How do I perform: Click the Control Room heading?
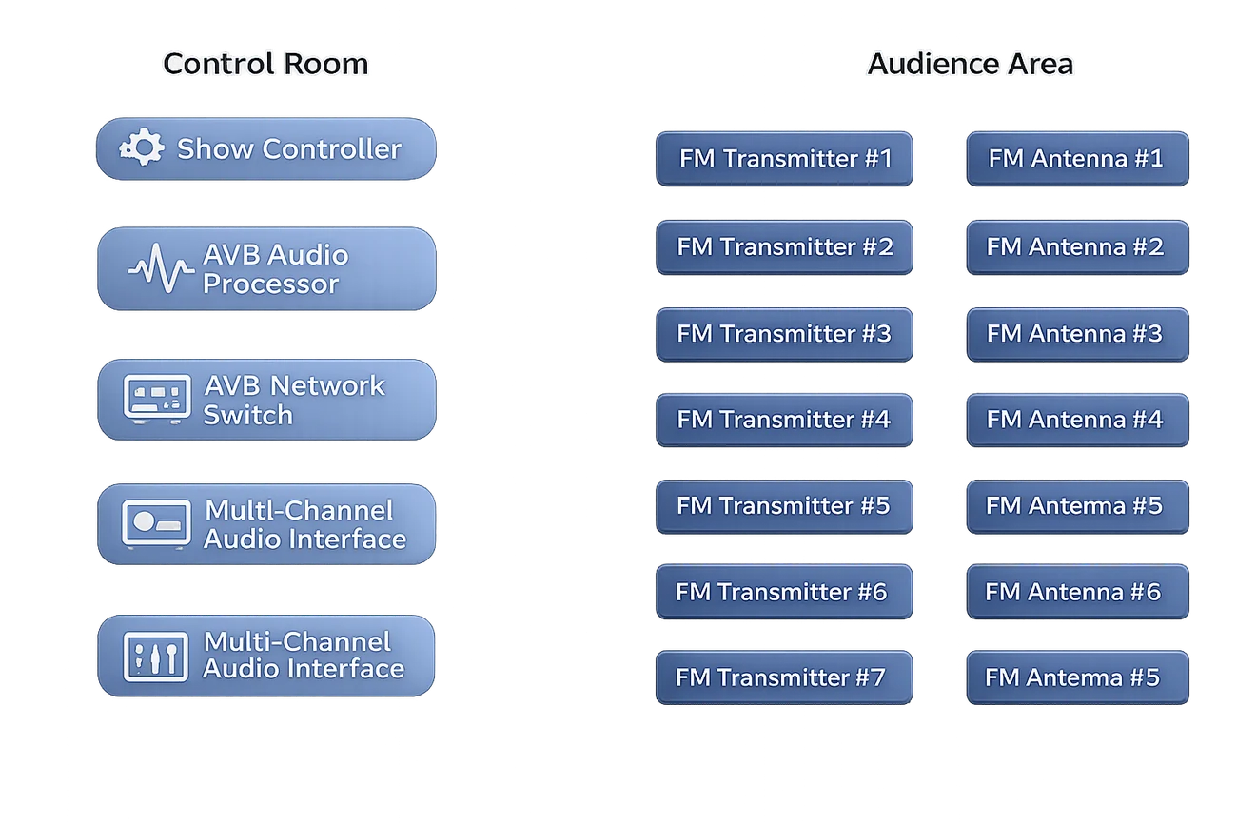[265, 64]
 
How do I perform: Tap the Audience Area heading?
[971, 64]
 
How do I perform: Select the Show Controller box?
[266, 148]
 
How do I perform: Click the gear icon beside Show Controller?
[142, 147]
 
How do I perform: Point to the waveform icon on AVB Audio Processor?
[161, 268]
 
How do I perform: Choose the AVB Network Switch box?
[266, 400]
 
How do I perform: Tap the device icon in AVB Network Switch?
[157, 399]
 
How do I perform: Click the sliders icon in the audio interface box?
[156, 657]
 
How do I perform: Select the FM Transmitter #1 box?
[784, 159]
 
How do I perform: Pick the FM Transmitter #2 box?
[784, 247]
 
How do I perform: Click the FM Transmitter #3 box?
[784, 335]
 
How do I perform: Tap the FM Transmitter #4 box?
[784, 421]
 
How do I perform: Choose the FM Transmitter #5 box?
[784, 507]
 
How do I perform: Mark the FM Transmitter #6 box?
[784, 592]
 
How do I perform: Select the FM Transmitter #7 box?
[784, 677]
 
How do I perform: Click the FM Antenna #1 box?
[1077, 159]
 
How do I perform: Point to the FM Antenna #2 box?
[1077, 247]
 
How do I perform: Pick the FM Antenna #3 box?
[1077, 335]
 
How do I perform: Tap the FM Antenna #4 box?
[1077, 421]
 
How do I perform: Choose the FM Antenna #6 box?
[1077, 592]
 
